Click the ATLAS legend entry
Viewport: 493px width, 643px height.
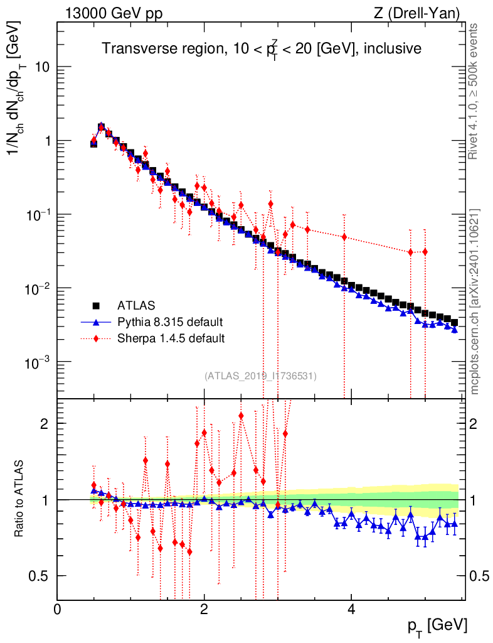click(135, 306)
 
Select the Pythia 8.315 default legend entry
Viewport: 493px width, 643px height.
click(169, 323)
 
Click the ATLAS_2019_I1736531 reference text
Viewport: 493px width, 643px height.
click(260, 376)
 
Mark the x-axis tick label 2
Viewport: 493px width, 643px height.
click(204, 610)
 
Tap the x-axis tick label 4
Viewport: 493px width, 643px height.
click(351, 610)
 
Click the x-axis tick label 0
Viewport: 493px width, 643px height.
click(57, 610)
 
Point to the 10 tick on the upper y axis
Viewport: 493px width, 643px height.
click(42, 67)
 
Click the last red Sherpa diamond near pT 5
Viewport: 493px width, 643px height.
click(425, 252)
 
